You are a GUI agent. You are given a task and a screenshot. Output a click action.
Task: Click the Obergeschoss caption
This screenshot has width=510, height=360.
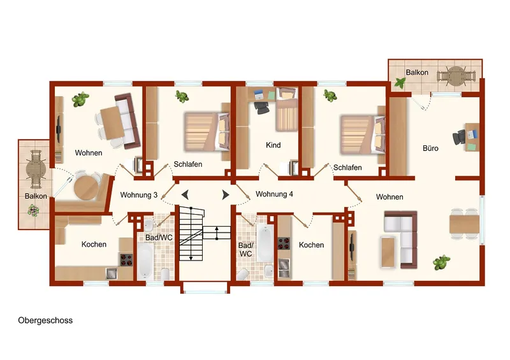pyautogui.click(x=45, y=320)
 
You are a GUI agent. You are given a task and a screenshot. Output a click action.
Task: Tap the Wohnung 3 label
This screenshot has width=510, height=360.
pyautogui.click(x=139, y=195)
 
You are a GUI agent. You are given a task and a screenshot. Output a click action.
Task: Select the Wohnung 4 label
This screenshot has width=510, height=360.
pyautogui.click(x=274, y=194)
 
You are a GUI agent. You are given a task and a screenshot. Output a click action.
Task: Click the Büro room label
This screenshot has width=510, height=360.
pyautogui.click(x=430, y=148)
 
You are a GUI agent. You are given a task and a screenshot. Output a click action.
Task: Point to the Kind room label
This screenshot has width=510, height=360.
pyautogui.click(x=273, y=145)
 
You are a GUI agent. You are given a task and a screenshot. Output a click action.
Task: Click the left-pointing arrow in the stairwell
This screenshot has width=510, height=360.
pyautogui.click(x=185, y=195)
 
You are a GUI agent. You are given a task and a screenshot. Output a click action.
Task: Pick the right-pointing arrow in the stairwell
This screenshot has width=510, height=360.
pyautogui.click(x=226, y=195)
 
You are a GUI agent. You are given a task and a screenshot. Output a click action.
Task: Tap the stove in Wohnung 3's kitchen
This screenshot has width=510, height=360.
pyautogui.click(x=126, y=260)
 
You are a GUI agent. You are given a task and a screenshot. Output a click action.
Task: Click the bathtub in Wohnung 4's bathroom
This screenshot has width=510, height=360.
pyautogui.click(x=265, y=243)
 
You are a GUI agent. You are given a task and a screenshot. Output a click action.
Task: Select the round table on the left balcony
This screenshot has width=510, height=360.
pyautogui.click(x=36, y=169)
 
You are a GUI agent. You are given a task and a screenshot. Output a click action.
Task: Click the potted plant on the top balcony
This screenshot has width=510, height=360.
pyautogui.click(x=400, y=83)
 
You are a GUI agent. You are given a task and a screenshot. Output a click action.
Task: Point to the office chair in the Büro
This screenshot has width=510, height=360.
pyautogui.click(x=458, y=138)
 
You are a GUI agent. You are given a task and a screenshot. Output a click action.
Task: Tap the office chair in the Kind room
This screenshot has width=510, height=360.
pyautogui.click(x=261, y=108)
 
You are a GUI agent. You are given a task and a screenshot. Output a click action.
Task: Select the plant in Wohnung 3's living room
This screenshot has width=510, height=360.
pyautogui.click(x=80, y=99)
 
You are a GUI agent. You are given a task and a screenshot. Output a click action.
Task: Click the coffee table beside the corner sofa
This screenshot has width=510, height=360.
pyautogui.click(x=388, y=252)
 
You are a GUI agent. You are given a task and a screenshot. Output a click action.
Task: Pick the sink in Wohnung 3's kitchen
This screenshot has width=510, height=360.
pyautogui.click(x=111, y=273)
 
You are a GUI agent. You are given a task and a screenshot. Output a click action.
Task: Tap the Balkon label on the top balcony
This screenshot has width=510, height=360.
pyautogui.click(x=417, y=73)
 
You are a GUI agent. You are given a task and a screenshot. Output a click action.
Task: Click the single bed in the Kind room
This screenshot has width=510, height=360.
pyautogui.click(x=286, y=109)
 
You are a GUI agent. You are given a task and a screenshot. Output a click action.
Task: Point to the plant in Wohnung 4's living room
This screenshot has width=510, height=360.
pyautogui.click(x=441, y=262)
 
